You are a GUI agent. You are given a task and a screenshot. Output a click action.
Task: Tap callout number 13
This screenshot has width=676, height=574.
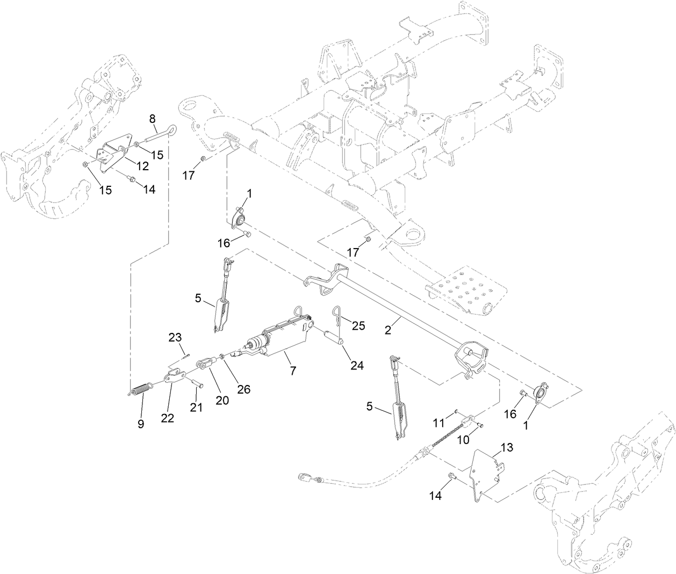[507, 447]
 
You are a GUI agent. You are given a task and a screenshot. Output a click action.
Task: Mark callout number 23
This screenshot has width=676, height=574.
[175, 337]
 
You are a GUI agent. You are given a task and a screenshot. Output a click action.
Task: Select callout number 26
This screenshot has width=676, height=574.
[244, 390]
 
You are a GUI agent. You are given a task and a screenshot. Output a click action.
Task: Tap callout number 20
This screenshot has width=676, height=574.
[222, 399]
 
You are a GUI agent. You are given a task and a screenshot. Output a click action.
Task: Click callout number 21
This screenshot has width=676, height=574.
[196, 408]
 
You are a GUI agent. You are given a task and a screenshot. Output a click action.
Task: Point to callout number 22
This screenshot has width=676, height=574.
[168, 418]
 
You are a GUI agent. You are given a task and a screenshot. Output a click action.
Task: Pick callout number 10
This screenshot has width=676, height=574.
[463, 439]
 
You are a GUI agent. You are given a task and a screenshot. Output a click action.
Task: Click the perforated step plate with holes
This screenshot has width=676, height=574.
[462, 289]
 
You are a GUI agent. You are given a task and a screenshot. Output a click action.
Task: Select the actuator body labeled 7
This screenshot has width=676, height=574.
[282, 338]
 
